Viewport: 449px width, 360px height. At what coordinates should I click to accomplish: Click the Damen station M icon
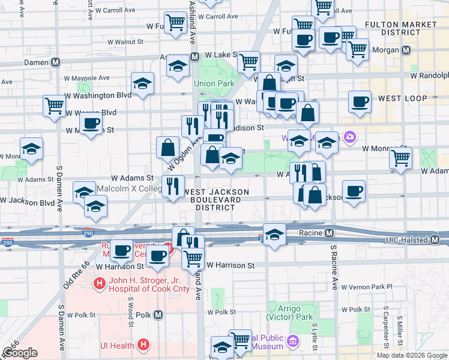coord(56,62)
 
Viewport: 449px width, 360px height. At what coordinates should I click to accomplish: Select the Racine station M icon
coord(330,233)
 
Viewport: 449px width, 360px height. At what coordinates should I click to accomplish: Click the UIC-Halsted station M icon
coord(436,240)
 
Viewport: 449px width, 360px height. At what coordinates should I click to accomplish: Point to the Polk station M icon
coord(158,314)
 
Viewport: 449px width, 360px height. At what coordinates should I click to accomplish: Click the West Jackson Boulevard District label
coord(216,199)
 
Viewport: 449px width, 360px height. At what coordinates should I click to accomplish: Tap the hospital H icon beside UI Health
coord(143,344)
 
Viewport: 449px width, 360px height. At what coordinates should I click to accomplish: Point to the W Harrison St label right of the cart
coord(231,265)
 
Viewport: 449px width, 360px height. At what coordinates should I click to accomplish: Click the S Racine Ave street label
coord(334,267)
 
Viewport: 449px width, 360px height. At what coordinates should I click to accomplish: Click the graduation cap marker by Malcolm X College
coord(85,191)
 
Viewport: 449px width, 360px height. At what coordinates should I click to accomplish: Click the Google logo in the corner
coord(20,353)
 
